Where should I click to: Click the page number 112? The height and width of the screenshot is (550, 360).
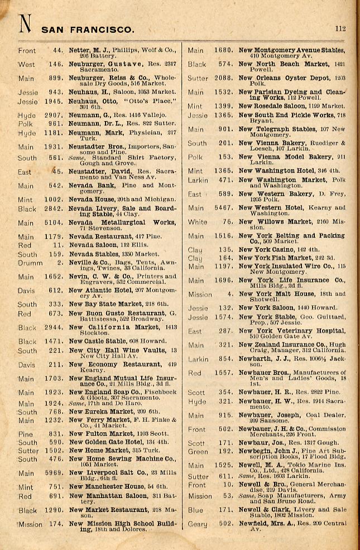coord(340,28)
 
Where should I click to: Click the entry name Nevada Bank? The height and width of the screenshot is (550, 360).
coord(87,185)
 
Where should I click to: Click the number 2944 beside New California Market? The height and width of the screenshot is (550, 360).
coord(54,327)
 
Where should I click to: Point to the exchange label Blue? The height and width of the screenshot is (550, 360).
coord(195,510)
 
